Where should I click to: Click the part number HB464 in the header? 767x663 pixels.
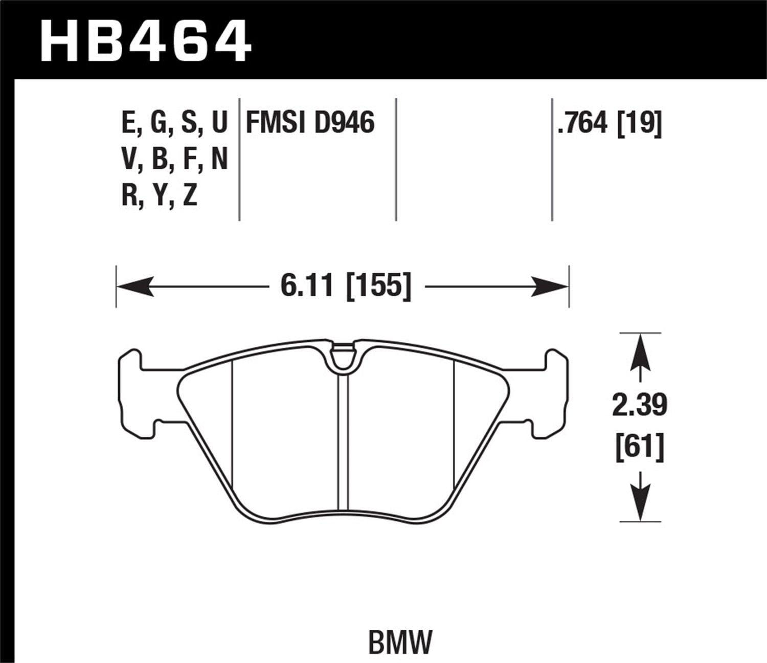(x=146, y=40)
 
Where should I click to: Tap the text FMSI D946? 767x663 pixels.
(x=310, y=123)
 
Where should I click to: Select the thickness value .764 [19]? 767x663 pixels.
(x=610, y=123)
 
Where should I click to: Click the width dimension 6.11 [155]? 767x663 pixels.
(x=346, y=285)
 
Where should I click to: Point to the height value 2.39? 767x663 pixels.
(x=640, y=405)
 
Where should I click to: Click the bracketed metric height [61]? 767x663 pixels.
(x=640, y=446)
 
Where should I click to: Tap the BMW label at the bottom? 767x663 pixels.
(x=400, y=627)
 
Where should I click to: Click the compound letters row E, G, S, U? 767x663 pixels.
(x=174, y=123)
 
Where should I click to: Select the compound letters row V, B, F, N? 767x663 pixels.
(x=174, y=160)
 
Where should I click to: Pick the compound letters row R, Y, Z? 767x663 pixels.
(x=160, y=195)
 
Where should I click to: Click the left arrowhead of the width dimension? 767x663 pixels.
(x=135, y=286)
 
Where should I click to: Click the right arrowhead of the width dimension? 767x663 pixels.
(x=550, y=286)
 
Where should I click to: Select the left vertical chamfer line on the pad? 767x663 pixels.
(x=232, y=425)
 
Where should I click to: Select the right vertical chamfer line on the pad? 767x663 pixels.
(x=454, y=425)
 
